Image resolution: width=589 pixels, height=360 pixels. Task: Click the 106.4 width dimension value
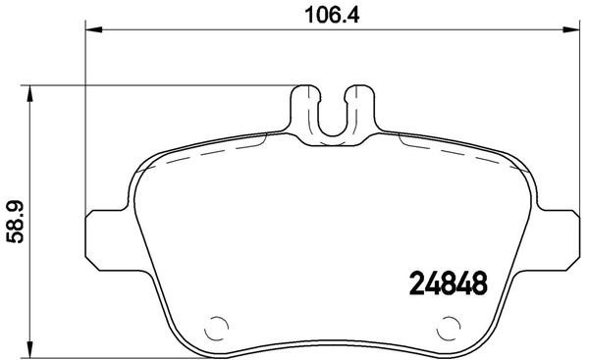coord(332,16)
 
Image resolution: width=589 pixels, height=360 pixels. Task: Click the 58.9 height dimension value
coord(16,222)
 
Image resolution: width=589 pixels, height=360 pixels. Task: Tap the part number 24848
coord(448,283)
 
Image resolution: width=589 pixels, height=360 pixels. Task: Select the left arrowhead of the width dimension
coord(94,29)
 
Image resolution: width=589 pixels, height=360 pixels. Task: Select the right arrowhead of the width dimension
coord(570,29)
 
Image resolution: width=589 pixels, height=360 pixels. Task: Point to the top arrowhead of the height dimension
coord(29,93)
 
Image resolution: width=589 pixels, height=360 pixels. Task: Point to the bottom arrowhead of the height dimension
coord(29,348)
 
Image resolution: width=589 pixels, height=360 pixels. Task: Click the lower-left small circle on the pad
coord(216,328)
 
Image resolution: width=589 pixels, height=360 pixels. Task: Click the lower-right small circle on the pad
coord(449,328)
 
